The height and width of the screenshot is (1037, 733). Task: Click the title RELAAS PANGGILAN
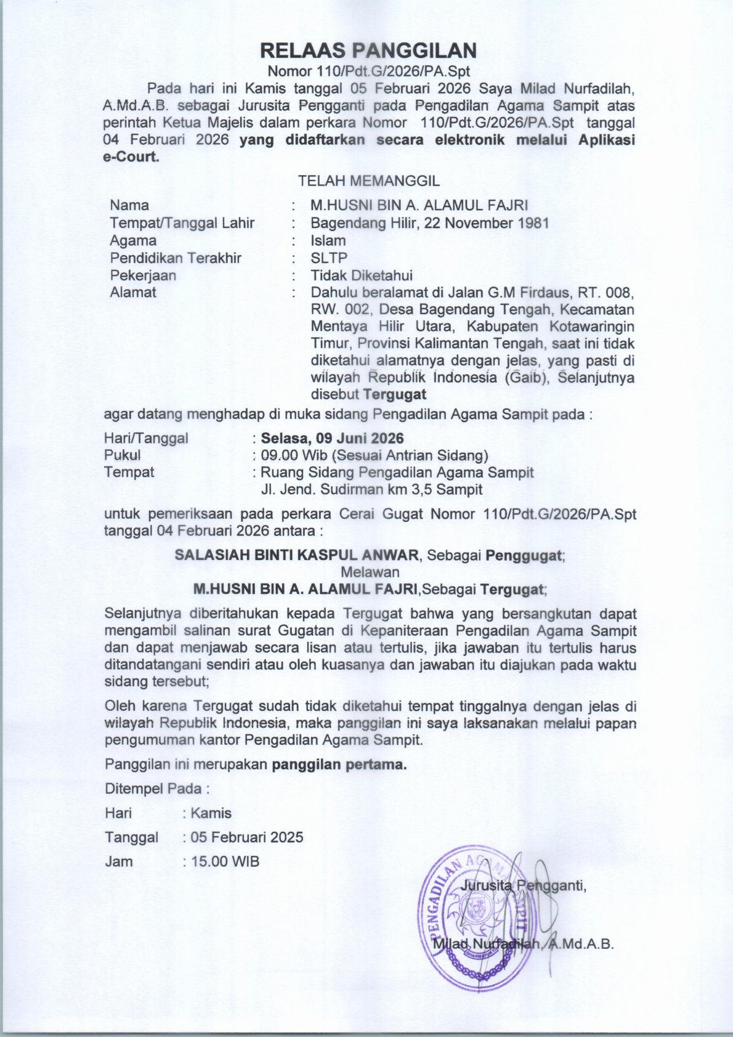point(368,50)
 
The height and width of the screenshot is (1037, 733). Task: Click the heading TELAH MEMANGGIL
point(368,181)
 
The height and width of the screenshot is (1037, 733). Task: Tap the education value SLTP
point(329,258)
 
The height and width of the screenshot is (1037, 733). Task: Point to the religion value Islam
point(328,240)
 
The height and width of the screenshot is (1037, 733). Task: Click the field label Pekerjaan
point(143,275)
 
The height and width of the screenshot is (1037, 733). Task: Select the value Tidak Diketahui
point(361,275)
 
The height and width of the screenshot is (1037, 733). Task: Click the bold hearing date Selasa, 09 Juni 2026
point(333,438)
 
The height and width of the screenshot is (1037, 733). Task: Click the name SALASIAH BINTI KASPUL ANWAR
point(296,555)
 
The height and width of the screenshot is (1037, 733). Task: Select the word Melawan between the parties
point(370,572)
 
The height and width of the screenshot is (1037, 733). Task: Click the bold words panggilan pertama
point(339,765)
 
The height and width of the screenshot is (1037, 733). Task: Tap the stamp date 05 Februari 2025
point(246,837)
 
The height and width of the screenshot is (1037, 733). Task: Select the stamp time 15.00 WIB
point(225,861)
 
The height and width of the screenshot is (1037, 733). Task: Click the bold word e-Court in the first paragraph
point(131,157)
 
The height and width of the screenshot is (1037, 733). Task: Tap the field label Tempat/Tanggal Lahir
point(182,222)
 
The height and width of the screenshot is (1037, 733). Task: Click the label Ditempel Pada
point(157,788)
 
